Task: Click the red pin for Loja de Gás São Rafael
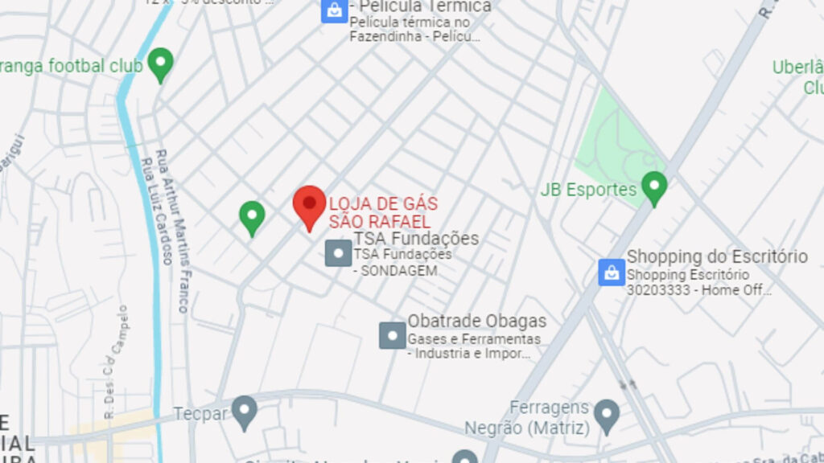click(309, 204)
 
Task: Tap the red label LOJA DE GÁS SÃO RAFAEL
click(383, 212)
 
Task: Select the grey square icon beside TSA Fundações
click(338, 253)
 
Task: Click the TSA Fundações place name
click(416, 239)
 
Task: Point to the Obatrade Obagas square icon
click(393, 334)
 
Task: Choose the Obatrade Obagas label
click(476, 322)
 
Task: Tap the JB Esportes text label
click(588, 191)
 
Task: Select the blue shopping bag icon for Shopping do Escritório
click(612, 272)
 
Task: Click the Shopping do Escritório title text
click(717, 256)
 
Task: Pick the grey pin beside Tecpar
click(244, 411)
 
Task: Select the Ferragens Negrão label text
click(550, 416)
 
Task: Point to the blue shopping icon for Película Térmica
click(334, 10)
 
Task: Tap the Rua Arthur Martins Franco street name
click(172, 230)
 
